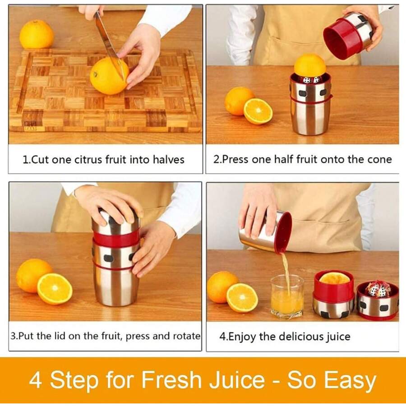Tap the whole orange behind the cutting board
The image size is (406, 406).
pyautogui.click(x=37, y=35)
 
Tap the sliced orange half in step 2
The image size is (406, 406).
pyautogui.click(x=258, y=111)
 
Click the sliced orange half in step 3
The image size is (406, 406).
pyautogui.click(x=55, y=289)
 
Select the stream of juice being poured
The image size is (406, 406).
pyautogui.click(x=286, y=271)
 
